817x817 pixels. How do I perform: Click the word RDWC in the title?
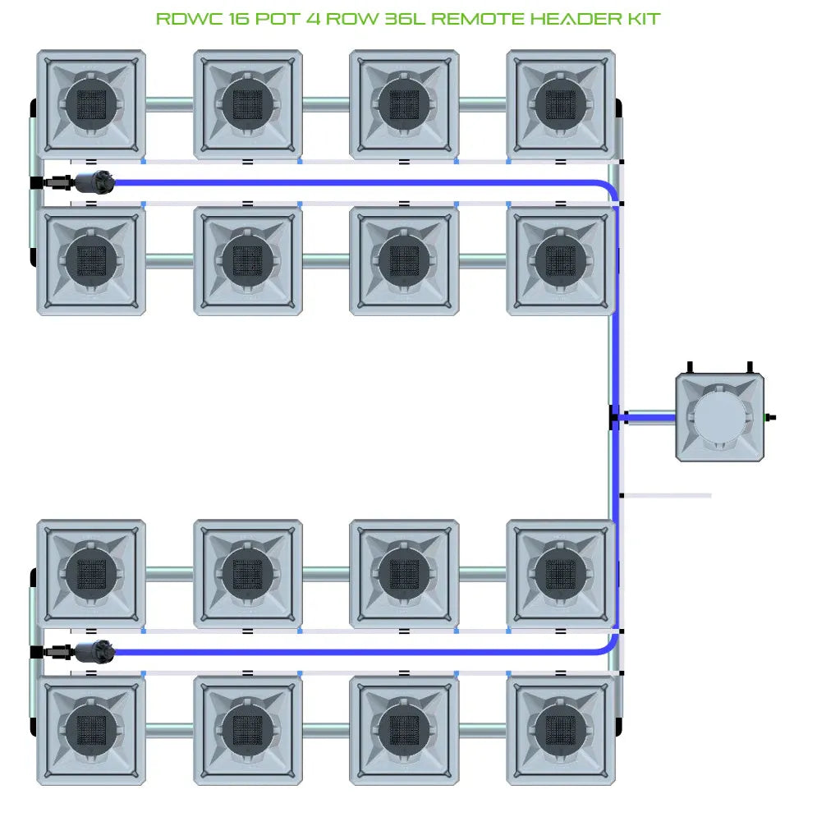pyautogui.click(x=183, y=18)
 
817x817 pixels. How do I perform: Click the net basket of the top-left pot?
pyautogui.click(x=92, y=103)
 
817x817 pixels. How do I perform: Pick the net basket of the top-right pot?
pyautogui.click(x=561, y=103)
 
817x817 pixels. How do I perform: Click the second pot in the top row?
pyautogui.click(x=248, y=103)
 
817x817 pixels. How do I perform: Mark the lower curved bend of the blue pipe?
pyautogui.click(x=609, y=646)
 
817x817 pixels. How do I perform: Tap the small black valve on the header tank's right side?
pyautogui.click(x=769, y=417)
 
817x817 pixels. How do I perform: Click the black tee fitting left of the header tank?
pyautogui.click(x=613, y=417)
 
